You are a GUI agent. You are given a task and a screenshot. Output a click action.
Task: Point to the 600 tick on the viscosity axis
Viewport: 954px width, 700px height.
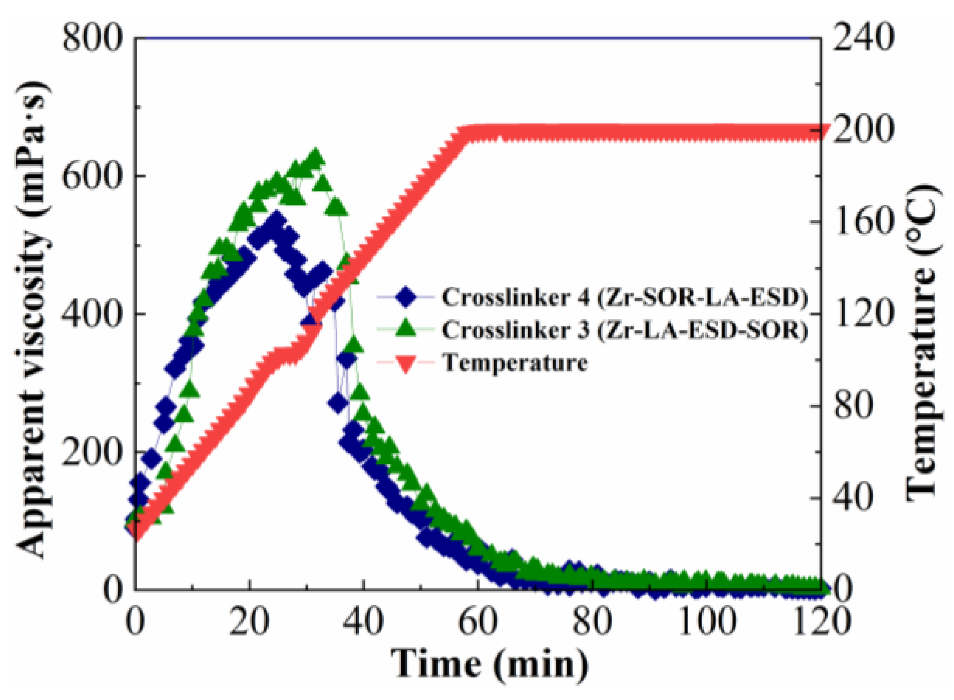click(x=92, y=176)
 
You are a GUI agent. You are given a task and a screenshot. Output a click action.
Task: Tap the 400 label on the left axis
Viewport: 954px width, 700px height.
click(x=92, y=314)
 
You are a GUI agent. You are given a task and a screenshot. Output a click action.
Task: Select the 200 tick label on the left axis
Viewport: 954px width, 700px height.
click(x=92, y=452)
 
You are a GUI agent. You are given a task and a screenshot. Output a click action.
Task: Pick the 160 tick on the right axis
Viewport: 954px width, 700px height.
click(x=863, y=222)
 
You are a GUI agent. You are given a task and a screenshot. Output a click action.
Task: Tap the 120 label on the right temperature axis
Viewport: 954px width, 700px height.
click(x=863, y=314)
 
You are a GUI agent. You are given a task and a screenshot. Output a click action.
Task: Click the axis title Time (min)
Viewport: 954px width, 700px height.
click(x=489, y=664)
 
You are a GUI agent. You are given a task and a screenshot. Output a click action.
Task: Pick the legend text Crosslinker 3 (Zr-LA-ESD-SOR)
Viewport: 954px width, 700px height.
click(x=625, y=330)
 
